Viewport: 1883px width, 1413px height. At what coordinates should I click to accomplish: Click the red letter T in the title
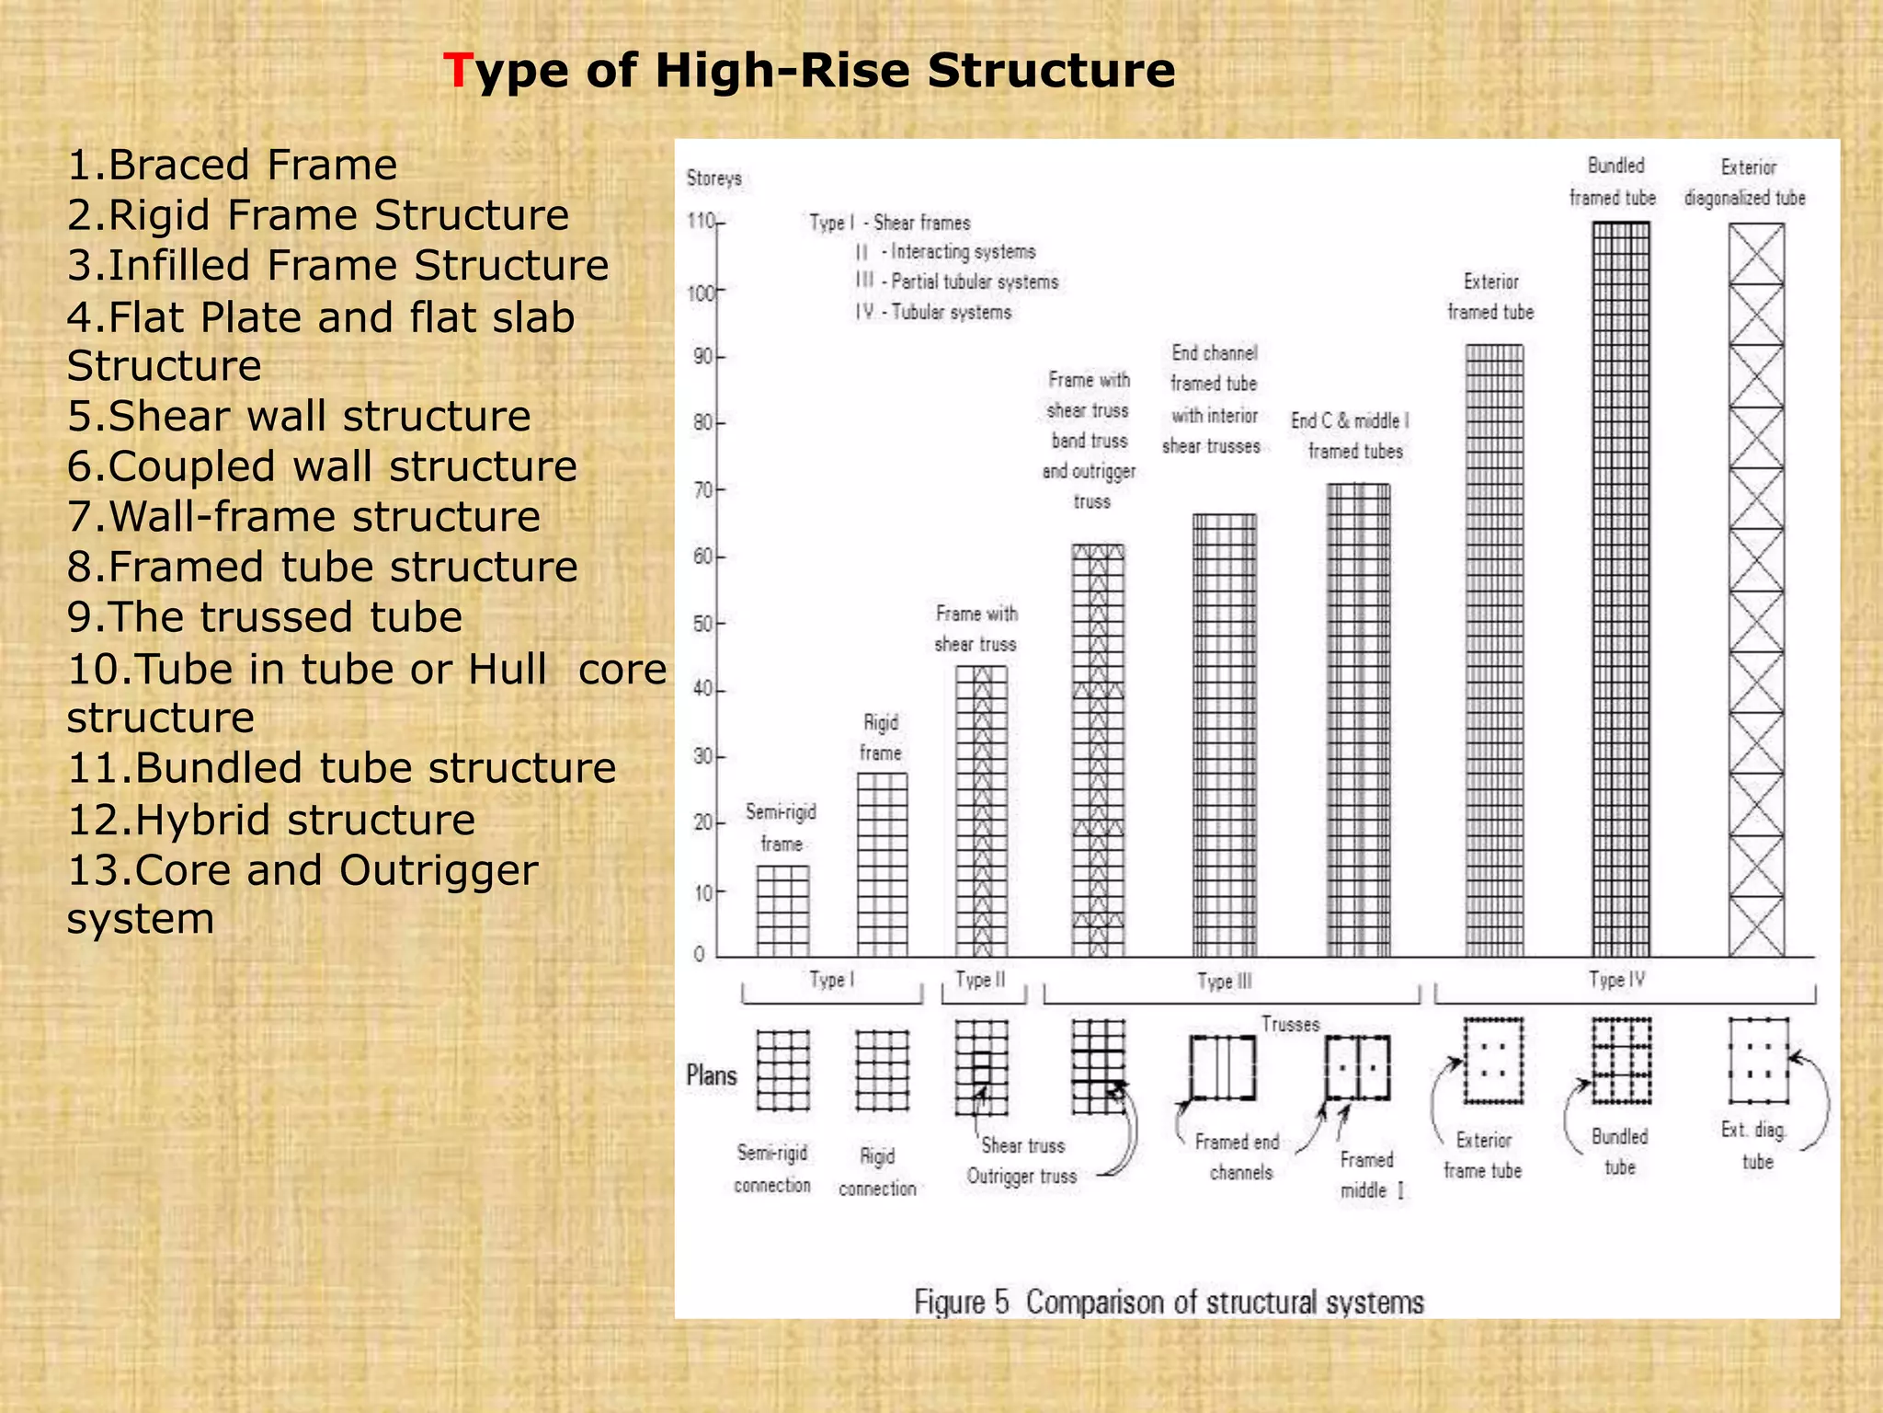[456, 71]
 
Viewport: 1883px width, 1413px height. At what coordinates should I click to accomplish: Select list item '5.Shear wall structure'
[299, 416]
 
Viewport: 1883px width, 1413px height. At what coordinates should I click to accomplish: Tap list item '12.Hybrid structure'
[271, 820]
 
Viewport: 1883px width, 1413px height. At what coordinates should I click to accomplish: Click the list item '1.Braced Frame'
[232, 166]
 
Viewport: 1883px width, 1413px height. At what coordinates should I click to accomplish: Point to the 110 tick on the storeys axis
[702, 222]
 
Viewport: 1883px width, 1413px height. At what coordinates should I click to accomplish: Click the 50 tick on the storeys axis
[704, 624]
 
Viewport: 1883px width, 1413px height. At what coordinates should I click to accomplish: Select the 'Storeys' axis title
[713, 178]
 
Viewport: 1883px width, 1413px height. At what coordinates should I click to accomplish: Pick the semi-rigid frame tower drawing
[782, 911]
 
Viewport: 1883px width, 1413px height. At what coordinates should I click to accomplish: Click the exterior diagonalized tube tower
[1756, 589]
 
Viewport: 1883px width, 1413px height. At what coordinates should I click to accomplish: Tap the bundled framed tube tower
[1620, 589]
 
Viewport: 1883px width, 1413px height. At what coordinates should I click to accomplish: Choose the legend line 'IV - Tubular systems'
[933, 312]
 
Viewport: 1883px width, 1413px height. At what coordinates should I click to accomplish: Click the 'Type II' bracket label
[980, 980]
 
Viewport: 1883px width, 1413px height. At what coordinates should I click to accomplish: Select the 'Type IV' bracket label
[1616, 980]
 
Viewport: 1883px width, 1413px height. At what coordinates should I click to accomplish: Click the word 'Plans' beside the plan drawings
[712, 1075]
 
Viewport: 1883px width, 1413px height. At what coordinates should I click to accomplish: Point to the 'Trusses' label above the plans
[1289, 1024]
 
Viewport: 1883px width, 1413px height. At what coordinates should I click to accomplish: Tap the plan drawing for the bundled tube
[1621, 1060]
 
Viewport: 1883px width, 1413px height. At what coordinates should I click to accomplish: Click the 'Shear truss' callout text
[1022, 1145]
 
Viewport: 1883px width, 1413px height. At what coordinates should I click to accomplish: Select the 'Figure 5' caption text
[1168, 1302]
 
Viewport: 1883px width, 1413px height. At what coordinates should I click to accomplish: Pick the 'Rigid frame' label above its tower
[880, 737]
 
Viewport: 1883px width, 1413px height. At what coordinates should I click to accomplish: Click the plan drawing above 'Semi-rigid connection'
[782, 1070]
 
